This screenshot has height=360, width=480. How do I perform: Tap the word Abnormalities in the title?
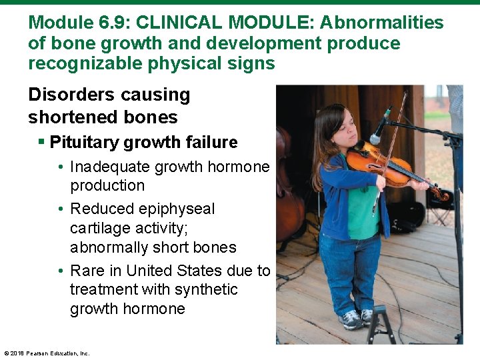coord(381,23)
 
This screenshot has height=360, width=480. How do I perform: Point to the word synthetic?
coord(207,290)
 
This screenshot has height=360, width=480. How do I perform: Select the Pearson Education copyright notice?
coord(47,353)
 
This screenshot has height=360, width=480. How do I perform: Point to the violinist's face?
coord(337,131)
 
